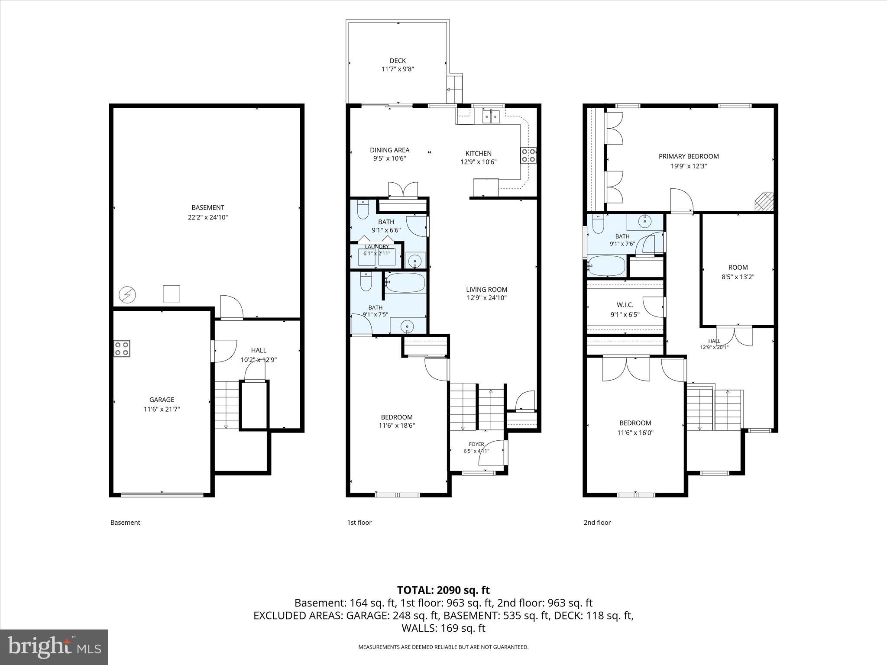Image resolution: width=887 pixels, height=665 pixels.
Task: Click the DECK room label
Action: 398,61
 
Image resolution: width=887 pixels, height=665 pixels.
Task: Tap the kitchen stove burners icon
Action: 528,155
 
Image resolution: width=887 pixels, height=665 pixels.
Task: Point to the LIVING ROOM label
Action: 486,289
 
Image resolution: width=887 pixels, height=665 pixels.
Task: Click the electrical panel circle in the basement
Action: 127,295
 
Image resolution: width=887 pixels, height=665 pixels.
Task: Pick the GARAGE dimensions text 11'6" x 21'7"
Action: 162,409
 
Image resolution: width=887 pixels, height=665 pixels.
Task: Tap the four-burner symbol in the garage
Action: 122,349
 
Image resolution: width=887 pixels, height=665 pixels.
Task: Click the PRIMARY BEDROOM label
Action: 689,156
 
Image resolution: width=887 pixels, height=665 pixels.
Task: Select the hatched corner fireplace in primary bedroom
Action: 764,202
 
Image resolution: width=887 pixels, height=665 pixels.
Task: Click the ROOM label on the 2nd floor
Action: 738,268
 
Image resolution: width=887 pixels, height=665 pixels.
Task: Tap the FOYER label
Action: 476,444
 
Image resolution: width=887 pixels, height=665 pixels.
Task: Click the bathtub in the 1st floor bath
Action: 405,282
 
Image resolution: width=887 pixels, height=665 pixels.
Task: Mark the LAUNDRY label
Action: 377,247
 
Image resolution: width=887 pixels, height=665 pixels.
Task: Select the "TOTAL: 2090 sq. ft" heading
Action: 443,590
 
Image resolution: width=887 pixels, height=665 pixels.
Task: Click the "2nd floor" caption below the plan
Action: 597,523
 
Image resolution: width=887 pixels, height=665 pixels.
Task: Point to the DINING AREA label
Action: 389,150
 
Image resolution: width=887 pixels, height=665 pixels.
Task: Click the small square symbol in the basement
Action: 171,294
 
